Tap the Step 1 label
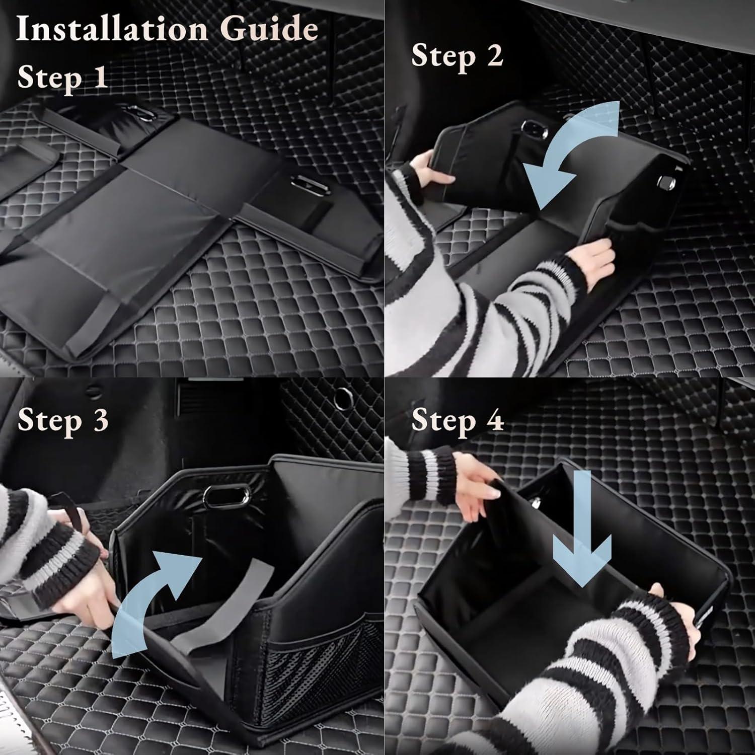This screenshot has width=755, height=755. tap(62, 77)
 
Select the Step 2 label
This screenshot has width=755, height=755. tap(457, 55)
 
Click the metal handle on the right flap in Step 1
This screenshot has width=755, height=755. tap(308, 185)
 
